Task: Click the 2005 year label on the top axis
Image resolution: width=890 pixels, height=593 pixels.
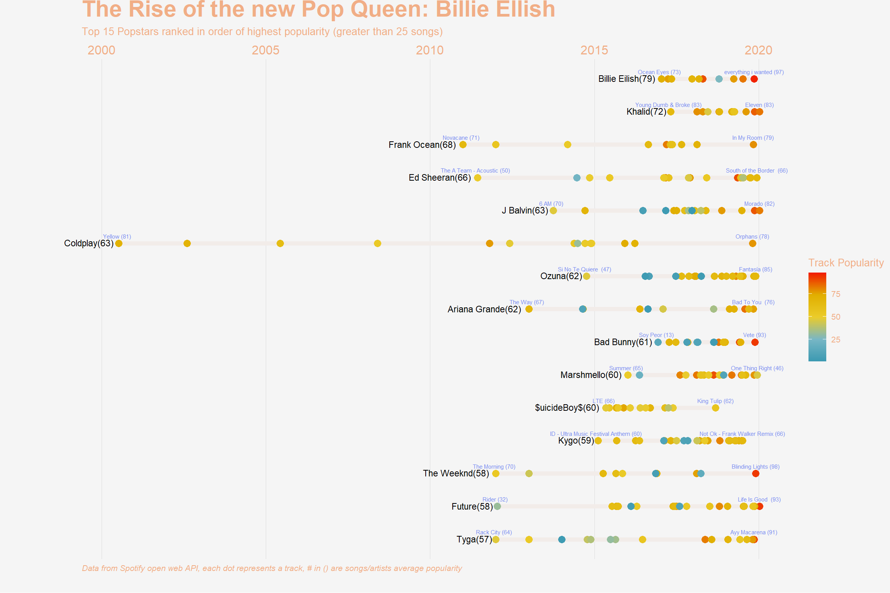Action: [265, 50]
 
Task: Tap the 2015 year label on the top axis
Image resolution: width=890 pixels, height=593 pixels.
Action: [594, 50]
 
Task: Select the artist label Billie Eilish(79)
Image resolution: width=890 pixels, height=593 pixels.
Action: [627, 79]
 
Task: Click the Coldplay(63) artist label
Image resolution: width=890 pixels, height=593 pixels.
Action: [89, 243]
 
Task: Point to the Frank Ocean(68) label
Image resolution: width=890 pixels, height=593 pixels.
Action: [422, 145]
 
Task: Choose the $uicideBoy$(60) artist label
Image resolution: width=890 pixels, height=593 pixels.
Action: [567, 408]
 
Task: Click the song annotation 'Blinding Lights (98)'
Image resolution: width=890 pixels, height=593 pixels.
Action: [755, 467]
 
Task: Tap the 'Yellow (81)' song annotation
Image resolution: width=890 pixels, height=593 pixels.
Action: [117, 237]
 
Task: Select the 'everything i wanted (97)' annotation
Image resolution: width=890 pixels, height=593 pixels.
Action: [754, 72]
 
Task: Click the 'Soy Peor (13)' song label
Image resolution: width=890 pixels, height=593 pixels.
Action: [656, 335]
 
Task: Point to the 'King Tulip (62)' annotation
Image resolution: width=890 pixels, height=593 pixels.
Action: [715, 401]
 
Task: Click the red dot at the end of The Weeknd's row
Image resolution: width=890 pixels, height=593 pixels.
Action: [756, 474]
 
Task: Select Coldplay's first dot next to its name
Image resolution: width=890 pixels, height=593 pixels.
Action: [119, 243]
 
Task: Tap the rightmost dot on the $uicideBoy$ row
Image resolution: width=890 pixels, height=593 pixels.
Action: [715, 408]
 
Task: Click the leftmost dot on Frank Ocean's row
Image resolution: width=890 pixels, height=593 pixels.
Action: [463, 145]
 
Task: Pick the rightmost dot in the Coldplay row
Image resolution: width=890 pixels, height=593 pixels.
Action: [752, 243]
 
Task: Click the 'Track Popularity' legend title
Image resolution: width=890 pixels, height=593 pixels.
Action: [846, 263]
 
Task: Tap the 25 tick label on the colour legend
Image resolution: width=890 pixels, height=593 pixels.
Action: [836, 340]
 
